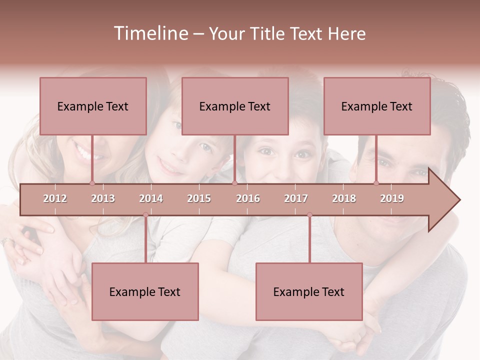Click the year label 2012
tap(55, 198)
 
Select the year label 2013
tap(103, 198)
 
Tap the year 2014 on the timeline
tap(151, 198)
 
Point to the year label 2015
tap(199, 198)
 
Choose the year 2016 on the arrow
tap(248, 198)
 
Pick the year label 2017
tap(296, 198)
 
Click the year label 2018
tap(344, 198)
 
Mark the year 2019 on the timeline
tap(392, 198)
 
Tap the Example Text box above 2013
tap(93, 106)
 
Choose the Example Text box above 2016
tap(235, 106)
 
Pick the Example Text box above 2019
tap(377, 106)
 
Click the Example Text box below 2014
tap(145, 291)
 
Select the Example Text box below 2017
tap(309, 291)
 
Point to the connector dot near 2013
tap(92, 183)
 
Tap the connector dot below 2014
tap(145, 215)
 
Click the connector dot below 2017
tap(309, 215)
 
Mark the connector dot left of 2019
tap(376, 183)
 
